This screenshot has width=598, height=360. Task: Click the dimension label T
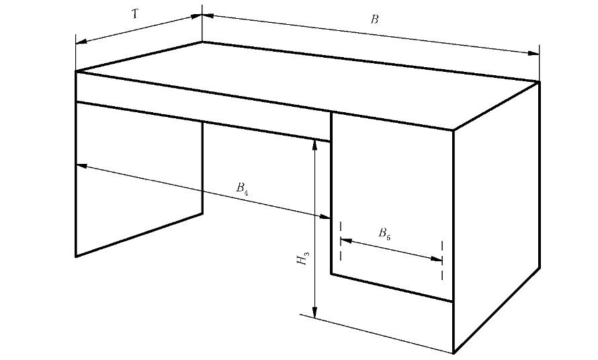coord(135,13)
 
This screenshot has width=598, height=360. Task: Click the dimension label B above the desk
coord(375,19)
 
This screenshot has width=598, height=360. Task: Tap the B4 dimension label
coord(243,189)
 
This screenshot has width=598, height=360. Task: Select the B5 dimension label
coord(384,234)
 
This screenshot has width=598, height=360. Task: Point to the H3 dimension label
coord(304,257)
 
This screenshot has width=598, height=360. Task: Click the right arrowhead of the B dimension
coord(534,52)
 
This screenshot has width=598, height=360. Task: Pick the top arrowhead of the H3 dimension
coord(314,145)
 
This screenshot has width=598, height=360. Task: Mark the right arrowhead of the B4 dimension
coord(325,216)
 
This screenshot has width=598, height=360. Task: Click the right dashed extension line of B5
coord(442,261)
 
